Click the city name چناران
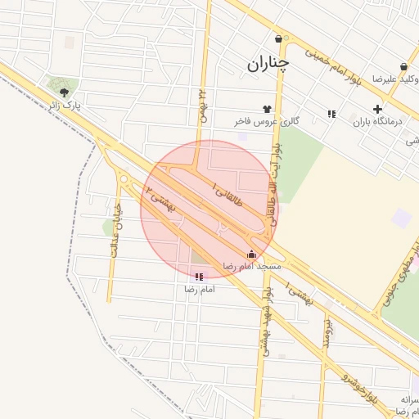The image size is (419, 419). (x=268, y=63)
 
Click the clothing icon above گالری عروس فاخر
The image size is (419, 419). (x=267, y=107)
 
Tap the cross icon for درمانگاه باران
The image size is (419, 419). (x=376, y=109)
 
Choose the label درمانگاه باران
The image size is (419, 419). (x=379, y=122)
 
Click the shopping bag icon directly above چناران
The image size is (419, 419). (x=279, y=38)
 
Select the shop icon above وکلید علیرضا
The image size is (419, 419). (x=403, y=67)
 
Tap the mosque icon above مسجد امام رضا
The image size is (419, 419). (x=250, y=254)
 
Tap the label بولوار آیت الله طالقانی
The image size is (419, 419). (x=275, y=171)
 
